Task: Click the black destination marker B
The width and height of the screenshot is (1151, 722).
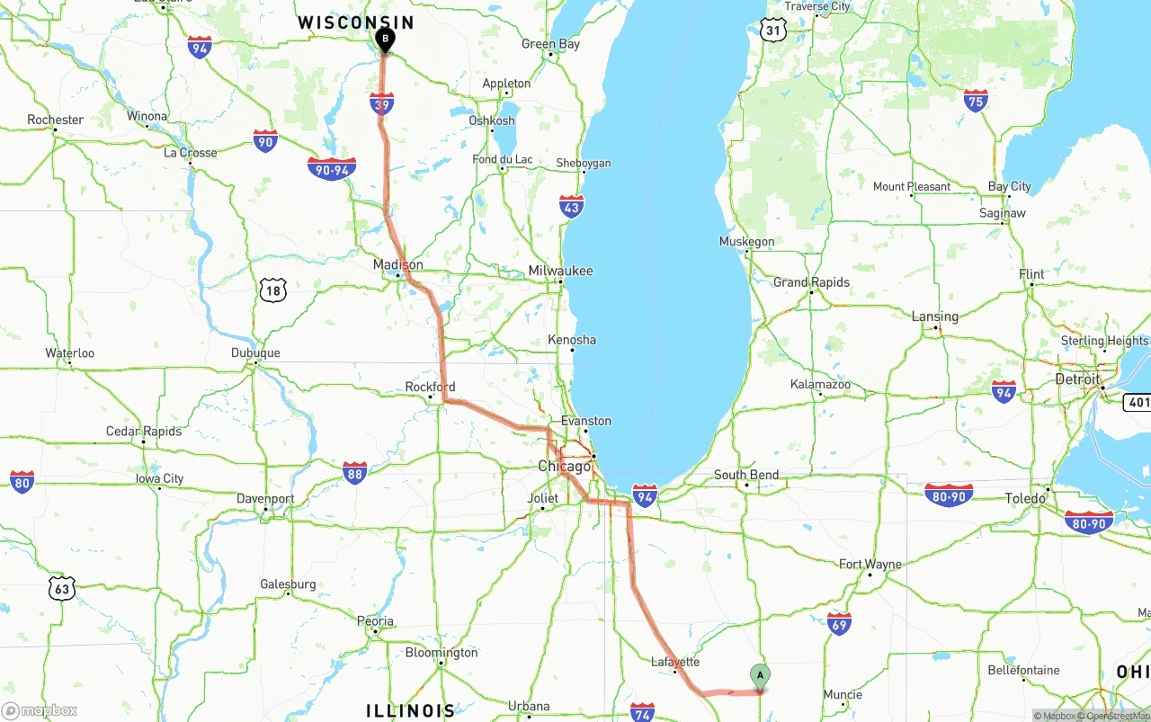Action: [384, 40]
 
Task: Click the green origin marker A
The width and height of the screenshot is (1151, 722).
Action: [760, 675]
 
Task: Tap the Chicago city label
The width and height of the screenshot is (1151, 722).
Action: [565, 466]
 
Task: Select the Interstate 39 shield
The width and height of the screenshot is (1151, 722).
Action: [382, 103]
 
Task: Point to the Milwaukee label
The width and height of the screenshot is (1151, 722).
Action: [560, 271]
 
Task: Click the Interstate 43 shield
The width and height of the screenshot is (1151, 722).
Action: [571, 206]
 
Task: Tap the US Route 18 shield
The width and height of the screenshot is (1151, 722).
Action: [273, 290]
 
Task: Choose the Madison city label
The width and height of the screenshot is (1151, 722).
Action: [397, 264]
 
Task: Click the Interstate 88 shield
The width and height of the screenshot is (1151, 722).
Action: [355, 473]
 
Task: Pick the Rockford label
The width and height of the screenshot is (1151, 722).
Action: [430, 387]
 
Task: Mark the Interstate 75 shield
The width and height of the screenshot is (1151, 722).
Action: [976, 100]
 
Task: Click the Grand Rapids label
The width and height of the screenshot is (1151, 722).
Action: [811, 282]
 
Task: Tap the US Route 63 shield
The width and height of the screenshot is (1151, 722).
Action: [61, 589]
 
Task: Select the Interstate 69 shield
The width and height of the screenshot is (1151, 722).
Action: [839, 623]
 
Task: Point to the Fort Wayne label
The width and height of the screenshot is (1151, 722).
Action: [870, 564]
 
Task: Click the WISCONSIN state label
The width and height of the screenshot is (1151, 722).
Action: [356, 22]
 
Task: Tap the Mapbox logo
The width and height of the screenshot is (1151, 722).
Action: [40, 710]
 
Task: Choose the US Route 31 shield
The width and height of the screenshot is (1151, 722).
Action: [772, 30]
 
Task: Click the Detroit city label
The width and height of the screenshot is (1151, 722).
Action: [1077, 379]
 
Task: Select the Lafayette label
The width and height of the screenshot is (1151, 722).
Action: [674, 662]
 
